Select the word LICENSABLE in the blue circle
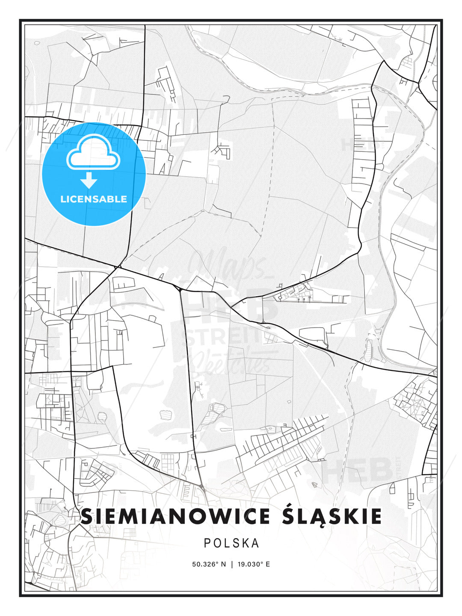click(94, 199)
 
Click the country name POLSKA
click(231, 543)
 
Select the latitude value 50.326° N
click(209, 564)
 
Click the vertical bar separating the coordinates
click(232, 564)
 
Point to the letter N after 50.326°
click(223, 564)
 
